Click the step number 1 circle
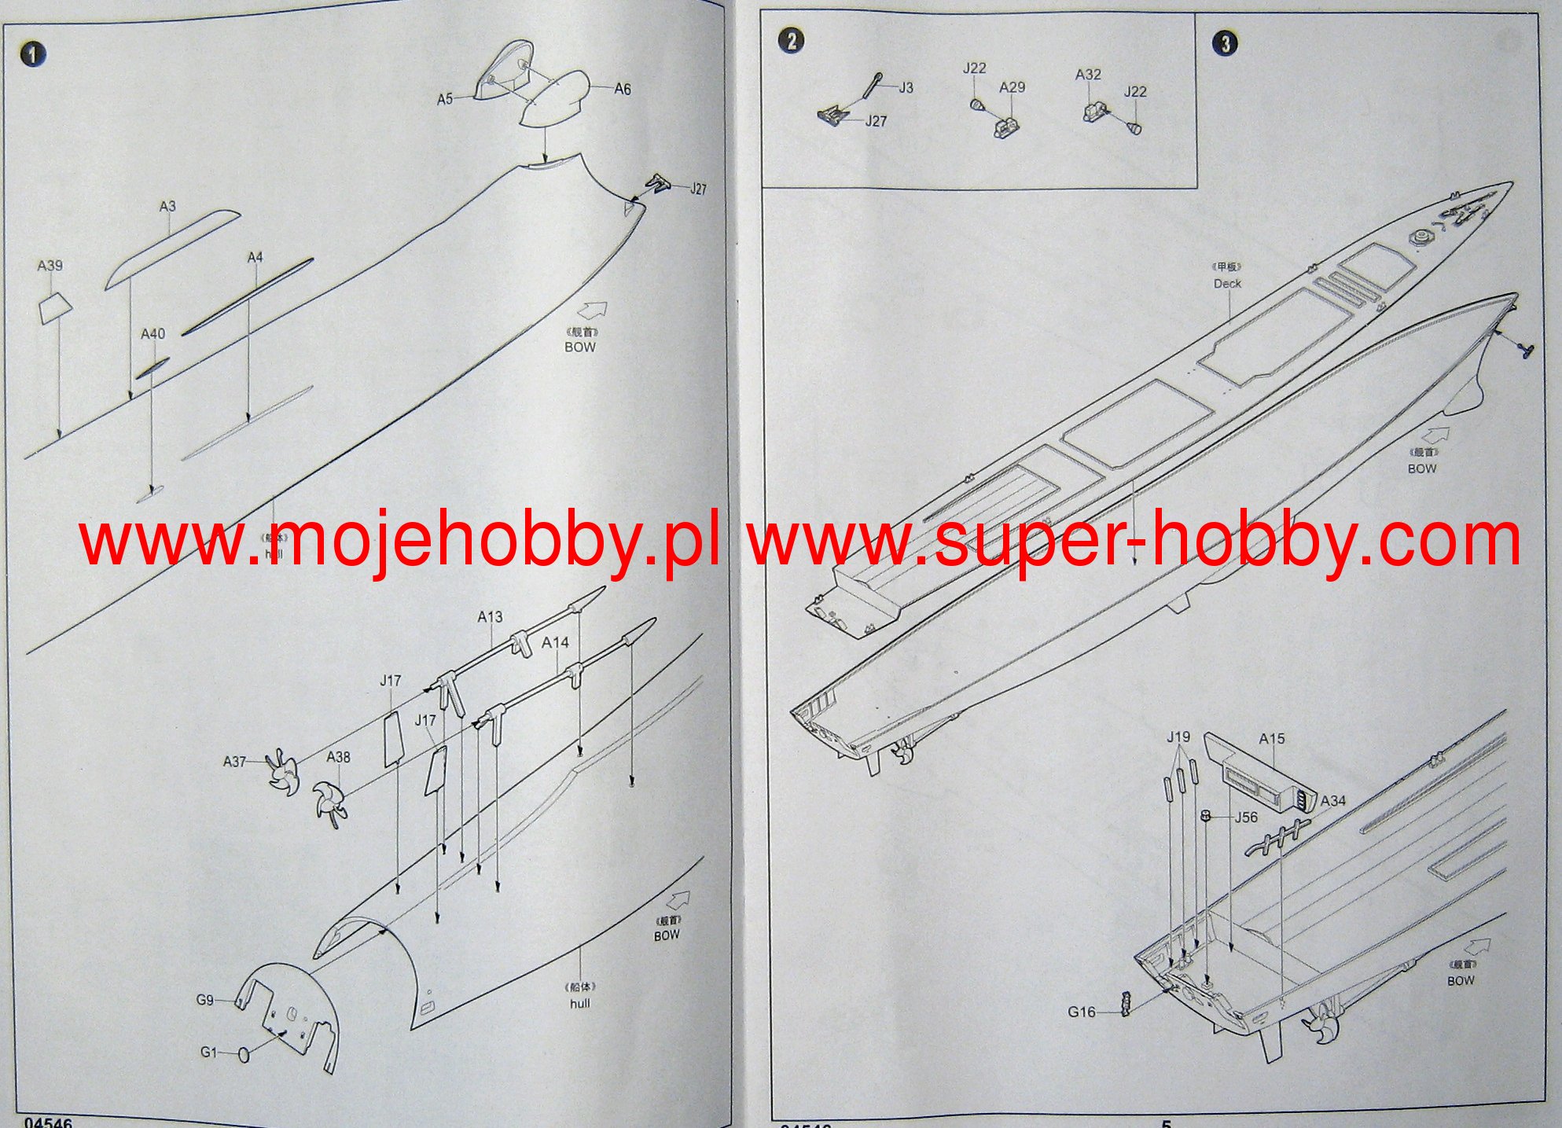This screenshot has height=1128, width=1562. [x=33, y=54]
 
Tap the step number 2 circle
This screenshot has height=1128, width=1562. [x=791, y=41]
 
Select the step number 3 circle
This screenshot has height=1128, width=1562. [x=1226, y=43]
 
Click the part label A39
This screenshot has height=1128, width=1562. [x=50, y=266]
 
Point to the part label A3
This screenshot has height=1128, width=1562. [x=167, y=207]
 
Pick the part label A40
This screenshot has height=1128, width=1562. [x=153, y=334]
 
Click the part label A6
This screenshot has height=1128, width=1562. [x=622, y=90]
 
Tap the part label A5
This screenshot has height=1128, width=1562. [x=445, y=99]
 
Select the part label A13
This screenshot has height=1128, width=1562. [x=490, y=617]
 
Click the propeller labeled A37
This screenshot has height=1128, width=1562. [x=281, y=771]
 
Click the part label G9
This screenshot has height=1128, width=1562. [x=204, y=1001]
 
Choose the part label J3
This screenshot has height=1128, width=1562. [x=906, y=88]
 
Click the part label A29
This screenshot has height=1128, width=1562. [x=1012, y=88]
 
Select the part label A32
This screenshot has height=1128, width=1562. [x=1088, y=75]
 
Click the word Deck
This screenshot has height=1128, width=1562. [x=1227, y=283]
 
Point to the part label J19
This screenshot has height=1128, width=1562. [x=1178, y=737]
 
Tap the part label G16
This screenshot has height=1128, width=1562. [x=1081, y=1012]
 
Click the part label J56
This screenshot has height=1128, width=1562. [x=1246, y=818]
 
